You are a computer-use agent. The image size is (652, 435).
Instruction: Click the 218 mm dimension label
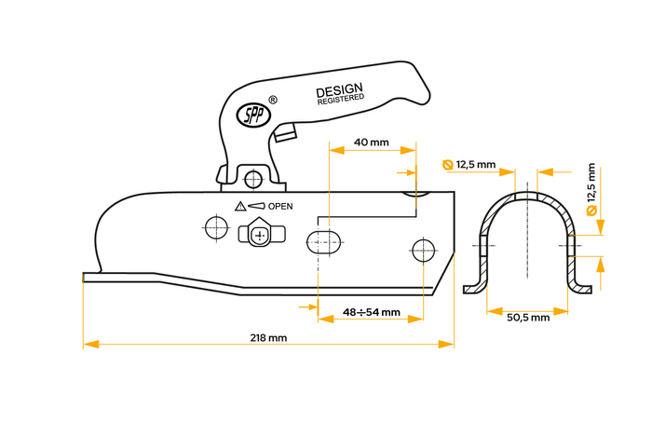(x=268, y=337)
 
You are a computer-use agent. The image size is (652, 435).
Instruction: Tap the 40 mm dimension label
(x=372, y=143)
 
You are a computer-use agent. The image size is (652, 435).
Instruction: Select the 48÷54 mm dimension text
(x=372, y=312)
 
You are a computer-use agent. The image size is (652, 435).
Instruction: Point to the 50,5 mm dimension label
(x=528, y=318)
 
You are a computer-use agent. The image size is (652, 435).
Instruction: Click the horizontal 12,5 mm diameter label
(x=477, y=165)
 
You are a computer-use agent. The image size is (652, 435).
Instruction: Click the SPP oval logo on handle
(x=252, y=114)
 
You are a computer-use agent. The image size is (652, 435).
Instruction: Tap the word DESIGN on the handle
(x=339, y=91)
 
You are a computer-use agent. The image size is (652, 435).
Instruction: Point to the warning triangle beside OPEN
(x=240, y=206)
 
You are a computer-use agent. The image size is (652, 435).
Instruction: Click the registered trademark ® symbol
(x=272, y=99)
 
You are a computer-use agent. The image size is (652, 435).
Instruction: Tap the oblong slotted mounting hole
(x=324, y=241)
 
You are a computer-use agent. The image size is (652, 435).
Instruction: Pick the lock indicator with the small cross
(x=261, y=234)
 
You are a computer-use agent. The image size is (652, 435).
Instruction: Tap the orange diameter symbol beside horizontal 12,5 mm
(x=448, y=165)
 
